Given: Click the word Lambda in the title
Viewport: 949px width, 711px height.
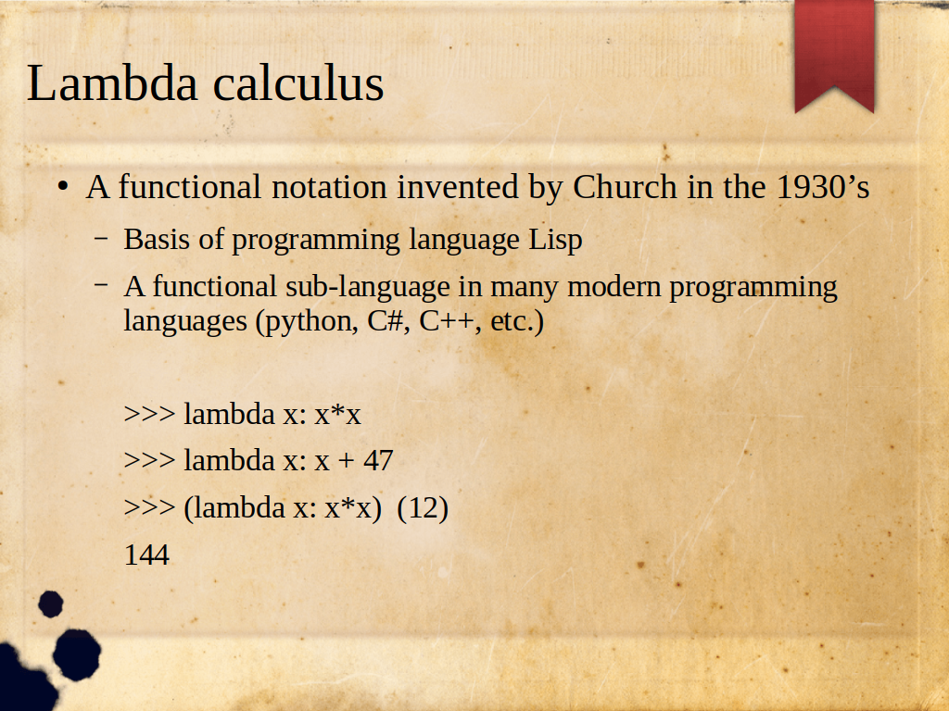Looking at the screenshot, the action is pyautogui.click(x=112, y=82).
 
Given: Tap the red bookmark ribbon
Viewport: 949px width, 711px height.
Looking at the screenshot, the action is pyautogui.click(x=835, y=56).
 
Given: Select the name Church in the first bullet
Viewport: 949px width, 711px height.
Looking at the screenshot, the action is pyautogui.click(x=625, y=187).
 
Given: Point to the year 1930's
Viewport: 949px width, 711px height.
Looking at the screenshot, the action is pyautogui.click(x=823, y=187).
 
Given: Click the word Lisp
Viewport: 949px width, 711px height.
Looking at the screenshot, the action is pyautogui.click(x=556, y=240).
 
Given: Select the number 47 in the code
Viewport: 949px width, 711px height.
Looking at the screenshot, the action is pyautogui.click(x=378, y=461).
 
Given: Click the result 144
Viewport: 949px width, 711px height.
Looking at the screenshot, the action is pyautogui.click(x=146, y=555).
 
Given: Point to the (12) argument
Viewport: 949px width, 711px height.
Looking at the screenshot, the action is pyautogui.click(x=423, y=508).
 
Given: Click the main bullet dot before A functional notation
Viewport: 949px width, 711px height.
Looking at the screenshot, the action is pyautogui.click(x=63, y=187).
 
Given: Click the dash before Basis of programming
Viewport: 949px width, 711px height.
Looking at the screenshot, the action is pyautogui.click(x=102, y=238).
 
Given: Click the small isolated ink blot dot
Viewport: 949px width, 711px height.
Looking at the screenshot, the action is pyautogui.click(x=51, y=604).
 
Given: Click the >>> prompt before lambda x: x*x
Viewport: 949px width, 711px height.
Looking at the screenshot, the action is pyautogui.click(x=149, y=414).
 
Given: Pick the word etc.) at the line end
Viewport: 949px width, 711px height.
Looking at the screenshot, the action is pyautogui.click(x=517, y=321).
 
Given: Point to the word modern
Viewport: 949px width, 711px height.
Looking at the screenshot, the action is pyautogui.click(x=614, y=287).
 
